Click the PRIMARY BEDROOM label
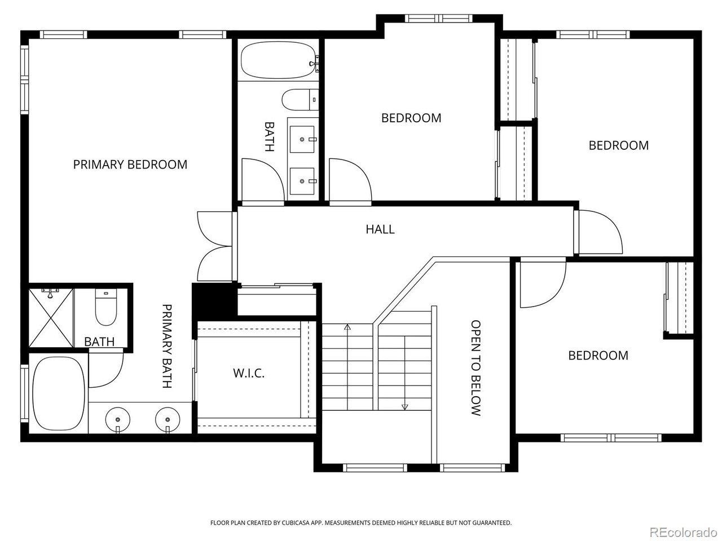tap(130, 165)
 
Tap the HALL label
tap(380, 229)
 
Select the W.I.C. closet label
tap(249, 373)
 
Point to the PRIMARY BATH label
tap(167, 346)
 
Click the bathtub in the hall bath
tap(277, 63)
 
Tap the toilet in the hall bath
tap(299, 100)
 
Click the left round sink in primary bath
tap(117, 420)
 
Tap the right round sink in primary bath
tap(168, 420)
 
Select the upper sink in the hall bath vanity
tap(303, 139)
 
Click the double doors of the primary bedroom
tap(214, 246)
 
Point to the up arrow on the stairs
tap(347, 327)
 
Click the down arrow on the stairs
tap(404, 406)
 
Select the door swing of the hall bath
tap(262, 179)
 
